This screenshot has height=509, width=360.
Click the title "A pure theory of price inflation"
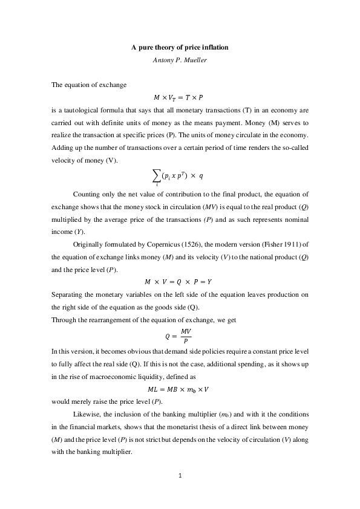point(180,47)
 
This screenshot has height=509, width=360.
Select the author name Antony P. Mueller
point(180,59)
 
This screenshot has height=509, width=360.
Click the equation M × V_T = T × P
point(178,97)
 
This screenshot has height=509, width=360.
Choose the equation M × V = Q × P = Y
point(178,282)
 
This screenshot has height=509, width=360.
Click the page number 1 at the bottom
point(180,476)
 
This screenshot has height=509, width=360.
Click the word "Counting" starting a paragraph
point(86,195)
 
